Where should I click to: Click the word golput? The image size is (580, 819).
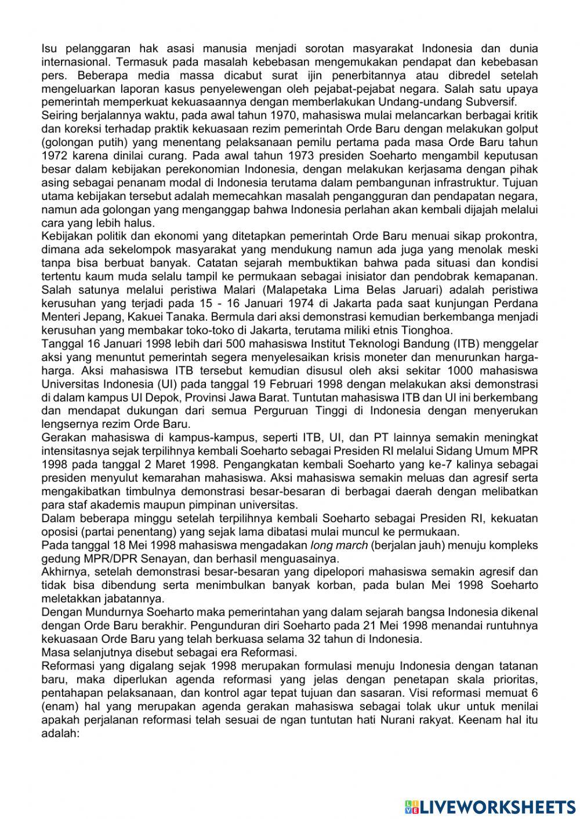point(522,129)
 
